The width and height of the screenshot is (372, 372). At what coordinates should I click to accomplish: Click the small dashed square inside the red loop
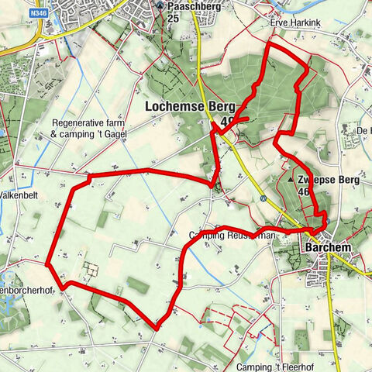[x=91, y=270]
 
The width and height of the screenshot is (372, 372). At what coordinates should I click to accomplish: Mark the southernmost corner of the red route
[x=157, y=328]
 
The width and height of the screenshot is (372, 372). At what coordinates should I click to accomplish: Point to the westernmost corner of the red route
[x=48, y=263]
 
